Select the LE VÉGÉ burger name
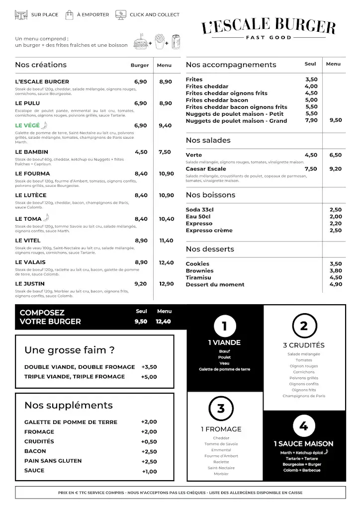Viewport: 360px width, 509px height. click(x=27, y=125)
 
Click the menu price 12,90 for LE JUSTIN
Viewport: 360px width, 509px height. click(x=166, y=284)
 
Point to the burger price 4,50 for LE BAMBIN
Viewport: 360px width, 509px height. click(x=141, y=152)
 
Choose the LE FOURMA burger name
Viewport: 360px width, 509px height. click(x=33, y=173)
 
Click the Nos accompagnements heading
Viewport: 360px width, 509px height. click(x=231, y=65)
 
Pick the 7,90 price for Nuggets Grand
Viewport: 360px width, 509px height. click(x=311, y=120)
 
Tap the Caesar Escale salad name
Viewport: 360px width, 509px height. click(x=206, y=169)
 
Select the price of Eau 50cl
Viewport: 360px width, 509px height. click(x=335, y=217)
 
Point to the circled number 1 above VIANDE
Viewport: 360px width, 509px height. click(x=224, y=327)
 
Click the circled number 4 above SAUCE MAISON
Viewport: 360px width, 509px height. click(x=303, y=426)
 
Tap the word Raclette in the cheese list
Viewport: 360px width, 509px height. click(x=221, y=462)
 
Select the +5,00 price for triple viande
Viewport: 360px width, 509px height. click(x=149, y=377)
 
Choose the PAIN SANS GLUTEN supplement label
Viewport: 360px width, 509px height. click(x=53, y=461)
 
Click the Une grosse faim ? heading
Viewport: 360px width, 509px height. click(x=70, y=350)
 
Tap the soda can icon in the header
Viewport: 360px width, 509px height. click(x=175, y=41)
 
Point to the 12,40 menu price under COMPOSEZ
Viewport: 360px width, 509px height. click(x=163, y=322)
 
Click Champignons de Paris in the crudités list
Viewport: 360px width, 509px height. click(x=304, y=396)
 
